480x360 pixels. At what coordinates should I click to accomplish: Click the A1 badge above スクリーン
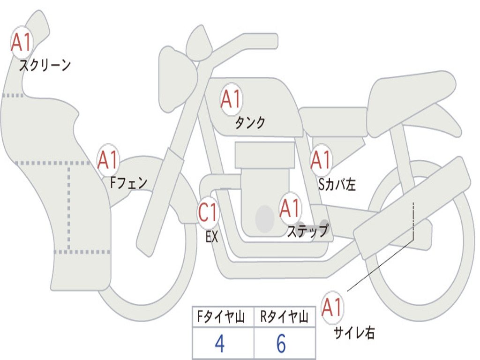(x=22, y=42)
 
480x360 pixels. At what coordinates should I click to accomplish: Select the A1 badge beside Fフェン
(x=108, y=160)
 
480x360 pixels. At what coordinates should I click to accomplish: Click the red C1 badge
(x=208, y=212)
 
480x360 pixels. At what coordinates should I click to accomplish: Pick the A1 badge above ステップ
(x=290, y=208)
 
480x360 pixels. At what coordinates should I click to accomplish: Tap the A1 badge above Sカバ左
(x=321, y=160)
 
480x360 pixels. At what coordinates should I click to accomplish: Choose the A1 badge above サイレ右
(x=332, y=307)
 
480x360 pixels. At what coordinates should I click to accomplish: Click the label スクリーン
(x=45, y=65)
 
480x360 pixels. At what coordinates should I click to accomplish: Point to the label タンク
(x=250, y=122)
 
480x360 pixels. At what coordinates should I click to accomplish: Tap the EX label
(x=212, y=237)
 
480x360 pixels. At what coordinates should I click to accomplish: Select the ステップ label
(x=308, y=231)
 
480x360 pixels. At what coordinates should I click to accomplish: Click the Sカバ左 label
(x=337, y=184)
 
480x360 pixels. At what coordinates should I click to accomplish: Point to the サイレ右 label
(x=354, y=332)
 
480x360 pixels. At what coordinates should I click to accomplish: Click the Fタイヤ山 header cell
(x=223, y=316)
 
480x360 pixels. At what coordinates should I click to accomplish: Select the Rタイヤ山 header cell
(x=285, y=316)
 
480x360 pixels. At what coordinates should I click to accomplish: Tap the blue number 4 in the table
(x=220, y=343)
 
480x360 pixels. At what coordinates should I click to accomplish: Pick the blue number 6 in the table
(x=281, y=343)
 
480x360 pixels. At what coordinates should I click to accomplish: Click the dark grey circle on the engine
(x=265, y=219)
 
